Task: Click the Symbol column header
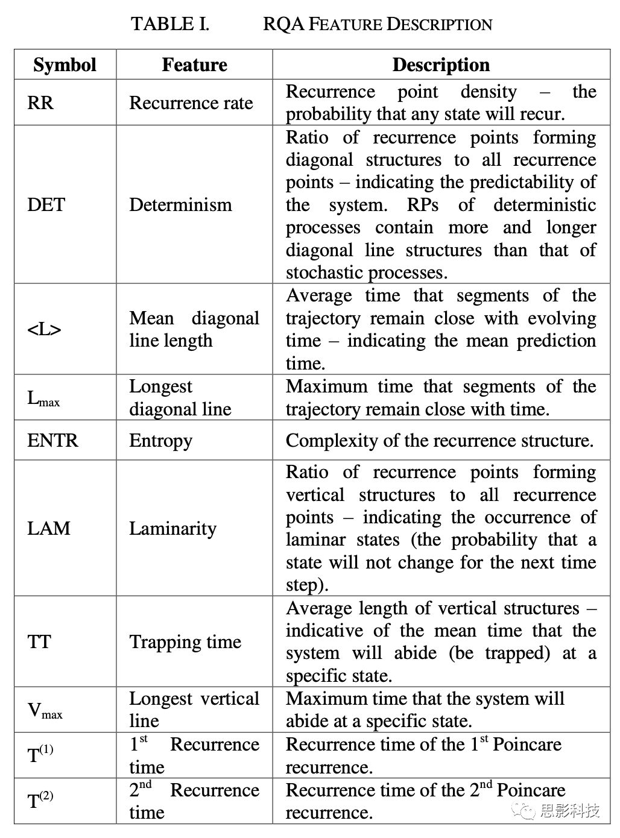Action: (65, 65)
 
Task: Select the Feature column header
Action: (194, 65)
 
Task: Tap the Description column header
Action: (441, 65)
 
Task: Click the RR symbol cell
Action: (40, 102)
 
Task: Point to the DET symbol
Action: (46, 204)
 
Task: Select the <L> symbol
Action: (44, 329)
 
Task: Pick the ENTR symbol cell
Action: (52, 440)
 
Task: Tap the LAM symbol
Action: (49, 528)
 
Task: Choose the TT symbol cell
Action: (39, 641)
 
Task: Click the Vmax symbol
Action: (45, 710)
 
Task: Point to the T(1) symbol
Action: (40, 755)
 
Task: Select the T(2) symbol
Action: (40, 801)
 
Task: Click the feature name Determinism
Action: (180, 204)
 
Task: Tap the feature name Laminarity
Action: (172, 528)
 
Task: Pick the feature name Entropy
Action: (160, 440)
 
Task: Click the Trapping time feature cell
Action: (185, 641)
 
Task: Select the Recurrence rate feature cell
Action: (191, 102)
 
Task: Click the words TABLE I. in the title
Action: (170, 24)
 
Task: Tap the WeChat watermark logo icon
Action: (524, 811)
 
